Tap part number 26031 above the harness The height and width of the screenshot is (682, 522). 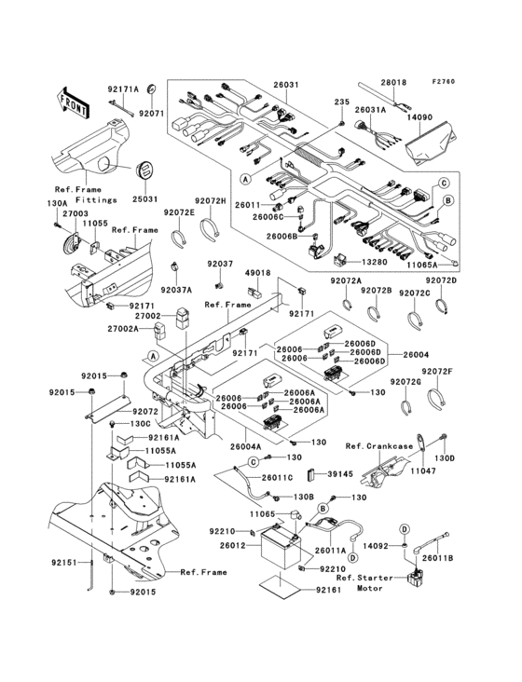259,85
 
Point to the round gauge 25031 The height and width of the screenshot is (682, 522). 144,172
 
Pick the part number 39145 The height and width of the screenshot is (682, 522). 340,473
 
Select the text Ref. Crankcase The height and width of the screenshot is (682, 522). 378,445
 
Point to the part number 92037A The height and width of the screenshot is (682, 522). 179,290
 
